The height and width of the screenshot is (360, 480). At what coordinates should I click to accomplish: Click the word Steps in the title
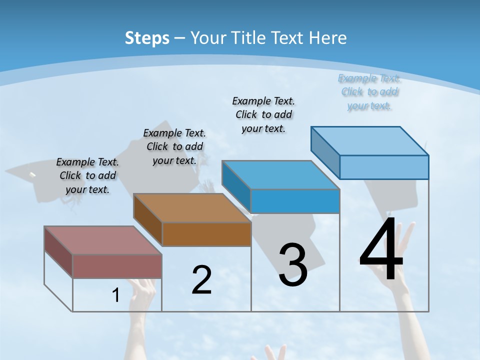(147, 38)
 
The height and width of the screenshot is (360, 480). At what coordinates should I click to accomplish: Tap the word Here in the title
(328, 38)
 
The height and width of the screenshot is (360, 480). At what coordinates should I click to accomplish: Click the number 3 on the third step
(293, 265)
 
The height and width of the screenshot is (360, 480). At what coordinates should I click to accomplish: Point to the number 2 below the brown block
(201, 279)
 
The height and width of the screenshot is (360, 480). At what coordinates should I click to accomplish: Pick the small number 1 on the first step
(116, 295)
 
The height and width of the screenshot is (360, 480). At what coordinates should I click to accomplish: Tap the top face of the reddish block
(102, 240)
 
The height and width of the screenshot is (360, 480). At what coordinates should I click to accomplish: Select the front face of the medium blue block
(295, 201)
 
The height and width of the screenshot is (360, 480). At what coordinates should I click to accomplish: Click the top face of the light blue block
(369, 140)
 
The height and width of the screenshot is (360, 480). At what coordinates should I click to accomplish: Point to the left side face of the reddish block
(58, 252)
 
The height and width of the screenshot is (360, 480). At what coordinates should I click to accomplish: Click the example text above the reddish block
(87, 175)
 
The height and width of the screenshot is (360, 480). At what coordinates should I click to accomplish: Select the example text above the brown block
(174, 146)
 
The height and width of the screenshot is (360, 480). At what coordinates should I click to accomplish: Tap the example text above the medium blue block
(263, 114)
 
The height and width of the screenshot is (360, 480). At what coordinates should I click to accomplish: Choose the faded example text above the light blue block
(369, 91)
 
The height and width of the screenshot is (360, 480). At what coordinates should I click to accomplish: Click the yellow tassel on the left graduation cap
(32, 175)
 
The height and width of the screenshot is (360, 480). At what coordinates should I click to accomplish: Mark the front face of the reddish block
(117, 266)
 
